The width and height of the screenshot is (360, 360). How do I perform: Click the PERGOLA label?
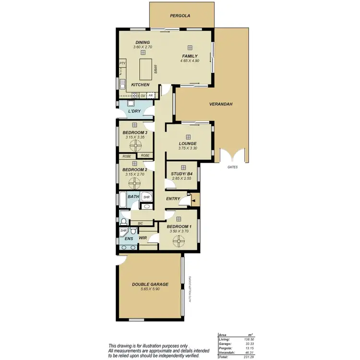[x=180, y=16]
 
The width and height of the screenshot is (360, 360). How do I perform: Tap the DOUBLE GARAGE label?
[x=150, y=284]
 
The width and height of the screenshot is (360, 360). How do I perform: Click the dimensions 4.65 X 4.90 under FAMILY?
[x=190, y=61]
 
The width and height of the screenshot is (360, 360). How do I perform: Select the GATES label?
[x=233, y=167]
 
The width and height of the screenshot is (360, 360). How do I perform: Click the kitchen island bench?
[x=145, y=70]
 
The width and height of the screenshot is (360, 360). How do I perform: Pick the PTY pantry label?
[x=122, y=63]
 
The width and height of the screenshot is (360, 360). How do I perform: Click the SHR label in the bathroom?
[x=147, y=197]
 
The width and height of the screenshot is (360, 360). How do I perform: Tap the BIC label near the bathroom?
[x=140, y=223]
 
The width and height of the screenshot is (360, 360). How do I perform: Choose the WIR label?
[x=143, y=238]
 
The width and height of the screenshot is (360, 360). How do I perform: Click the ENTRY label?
[x=173, y=199]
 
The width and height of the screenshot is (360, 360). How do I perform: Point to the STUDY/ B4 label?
[x=182, y=174]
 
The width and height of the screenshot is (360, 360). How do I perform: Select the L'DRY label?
[x=134, y=111]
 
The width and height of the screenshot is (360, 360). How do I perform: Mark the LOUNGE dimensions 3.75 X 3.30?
[x=188, y=148]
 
